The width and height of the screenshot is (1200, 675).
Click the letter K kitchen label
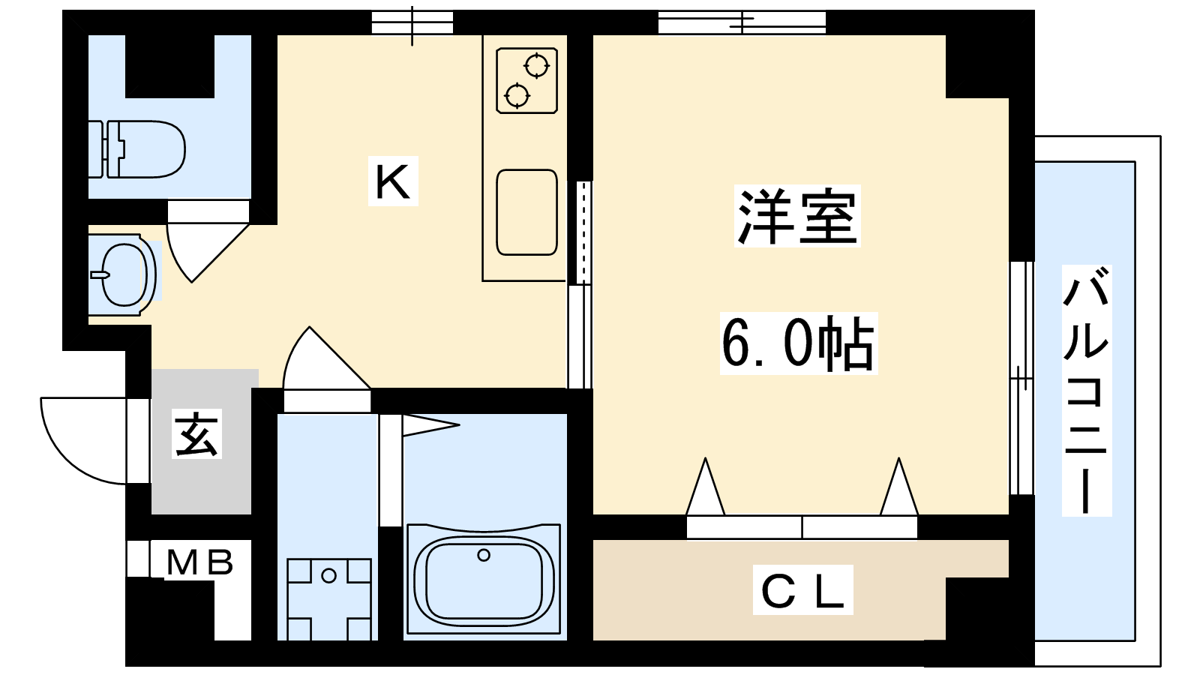coord(393,181)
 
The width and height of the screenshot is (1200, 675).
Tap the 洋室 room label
coord(796,216)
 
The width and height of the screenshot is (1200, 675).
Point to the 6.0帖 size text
coord(798,343)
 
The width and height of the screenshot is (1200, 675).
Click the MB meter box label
coord(199,562)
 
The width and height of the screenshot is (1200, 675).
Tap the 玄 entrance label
coord(196,434)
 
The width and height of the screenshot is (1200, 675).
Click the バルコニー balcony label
coord(1086,390)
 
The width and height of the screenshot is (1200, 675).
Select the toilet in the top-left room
coord(137,149)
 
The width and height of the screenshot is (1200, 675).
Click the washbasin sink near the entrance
coord(122,274)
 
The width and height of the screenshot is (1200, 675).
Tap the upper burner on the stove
coord(537,66)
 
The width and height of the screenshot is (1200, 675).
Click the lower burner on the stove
coord(517,96)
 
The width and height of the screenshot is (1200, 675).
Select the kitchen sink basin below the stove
coord(526,212)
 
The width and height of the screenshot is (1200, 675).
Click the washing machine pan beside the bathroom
coord(329,599)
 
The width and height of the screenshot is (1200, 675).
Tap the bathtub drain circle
coord(484,555)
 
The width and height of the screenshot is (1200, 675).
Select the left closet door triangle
coord(705,487)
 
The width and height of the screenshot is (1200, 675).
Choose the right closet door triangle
coord(898,487)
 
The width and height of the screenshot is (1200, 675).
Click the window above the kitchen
coord(412,22)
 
